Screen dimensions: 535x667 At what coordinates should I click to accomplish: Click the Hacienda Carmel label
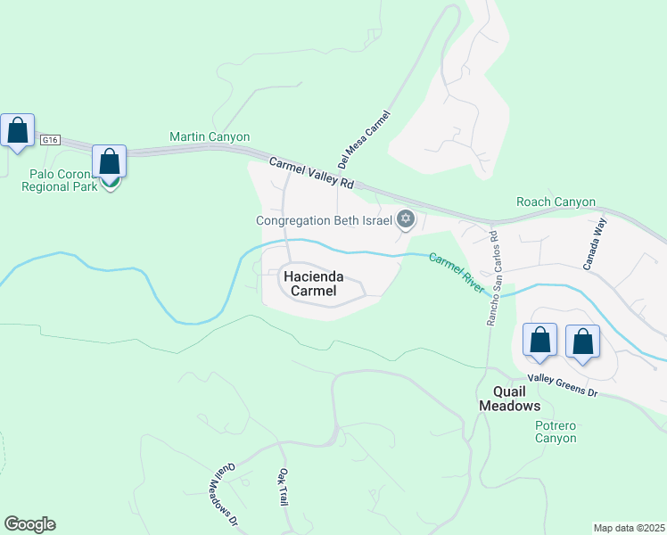point(311,284)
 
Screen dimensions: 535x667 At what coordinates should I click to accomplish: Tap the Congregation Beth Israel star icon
point(406,219)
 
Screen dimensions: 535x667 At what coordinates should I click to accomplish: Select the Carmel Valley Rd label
point(312,172)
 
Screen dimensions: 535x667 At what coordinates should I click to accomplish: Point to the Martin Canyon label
point(210,137)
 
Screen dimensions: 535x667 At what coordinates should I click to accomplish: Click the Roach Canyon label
point(556,202)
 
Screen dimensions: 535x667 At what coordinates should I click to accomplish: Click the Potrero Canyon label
point(556,432)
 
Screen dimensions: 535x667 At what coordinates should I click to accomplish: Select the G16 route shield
point(50,140)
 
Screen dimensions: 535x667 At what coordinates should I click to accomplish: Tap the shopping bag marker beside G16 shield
point(18,131)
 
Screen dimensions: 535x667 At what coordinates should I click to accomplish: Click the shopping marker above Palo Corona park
point(109,162)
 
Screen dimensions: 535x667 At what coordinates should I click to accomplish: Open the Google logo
point(29,524)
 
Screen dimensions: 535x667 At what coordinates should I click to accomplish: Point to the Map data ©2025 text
point(629,528)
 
